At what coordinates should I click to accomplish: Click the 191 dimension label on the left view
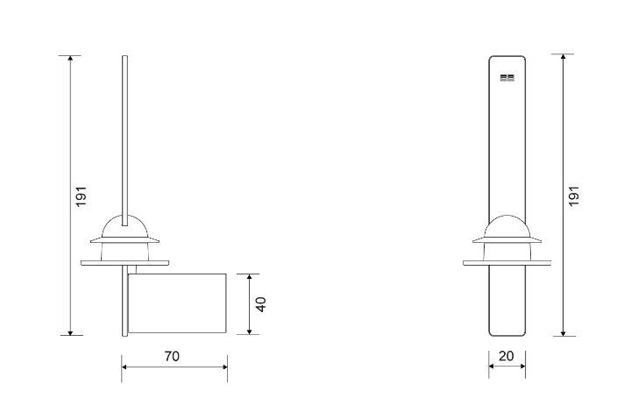tap(81, 196)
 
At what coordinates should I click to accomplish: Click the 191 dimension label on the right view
tap(574, 196)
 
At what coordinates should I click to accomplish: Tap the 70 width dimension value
tap(172, 356)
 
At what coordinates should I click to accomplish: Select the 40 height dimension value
tap(260, 304)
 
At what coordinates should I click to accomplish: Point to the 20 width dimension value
tap(507, 356)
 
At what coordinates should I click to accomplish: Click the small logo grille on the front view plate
tap(507, 78)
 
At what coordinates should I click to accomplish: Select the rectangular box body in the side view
tap(177, 303)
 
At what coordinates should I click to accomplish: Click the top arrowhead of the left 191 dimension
tap(70, 58)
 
